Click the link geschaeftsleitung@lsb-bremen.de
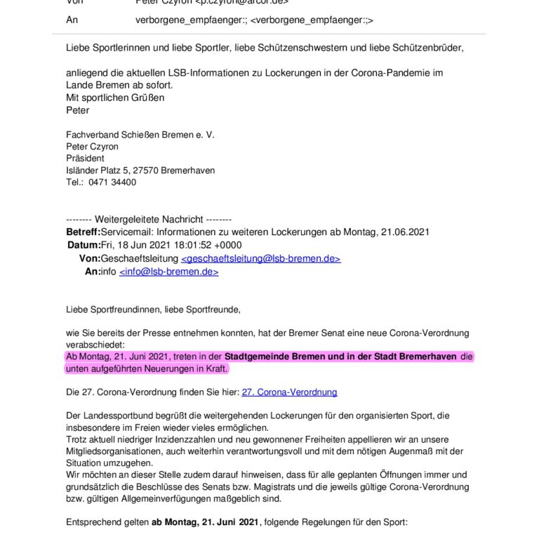pos(260,259)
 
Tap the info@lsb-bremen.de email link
pos(168,272)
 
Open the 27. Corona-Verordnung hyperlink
pos(289,392)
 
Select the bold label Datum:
pos(84,245)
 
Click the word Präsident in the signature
pos(85,159)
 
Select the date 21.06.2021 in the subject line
pos(403,232)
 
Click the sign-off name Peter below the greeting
pos(78,110)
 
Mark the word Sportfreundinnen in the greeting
pos(125,309)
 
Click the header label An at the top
pos(72,20)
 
